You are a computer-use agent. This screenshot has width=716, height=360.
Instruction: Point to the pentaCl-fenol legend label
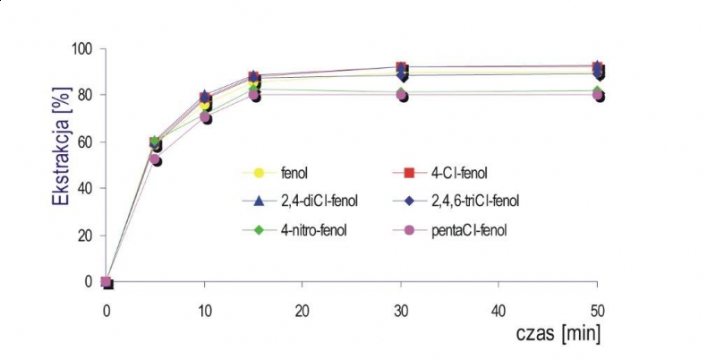467,230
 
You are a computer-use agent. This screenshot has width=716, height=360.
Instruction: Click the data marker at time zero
107,282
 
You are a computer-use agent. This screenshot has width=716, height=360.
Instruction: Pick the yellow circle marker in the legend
260,172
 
